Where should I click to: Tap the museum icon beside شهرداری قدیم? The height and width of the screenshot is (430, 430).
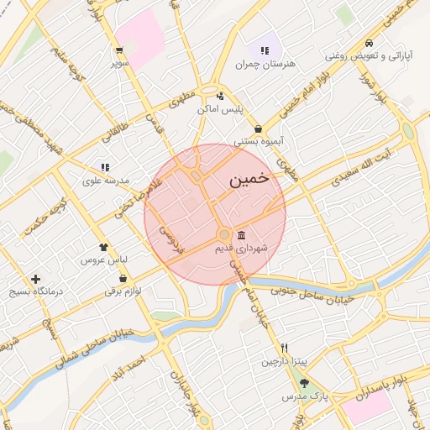tap(242, 234)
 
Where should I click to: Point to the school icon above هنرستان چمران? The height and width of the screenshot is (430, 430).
tap(265, 50)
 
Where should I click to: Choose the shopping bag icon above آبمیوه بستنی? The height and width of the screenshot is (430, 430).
tap(257, 128)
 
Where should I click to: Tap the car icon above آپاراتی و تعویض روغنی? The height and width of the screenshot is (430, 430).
tap(369, 43)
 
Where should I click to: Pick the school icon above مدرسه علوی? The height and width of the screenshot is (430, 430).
tap(105, 167)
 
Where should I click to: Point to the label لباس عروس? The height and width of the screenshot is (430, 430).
tap(102, 261)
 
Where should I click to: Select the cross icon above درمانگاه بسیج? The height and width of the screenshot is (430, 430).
tap(35, 279)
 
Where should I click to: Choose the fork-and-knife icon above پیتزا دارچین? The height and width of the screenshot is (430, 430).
tap(285, 348)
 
